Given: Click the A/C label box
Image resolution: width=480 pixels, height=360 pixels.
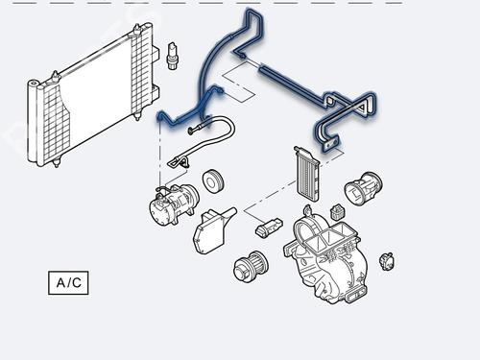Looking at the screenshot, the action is tap(68, 283).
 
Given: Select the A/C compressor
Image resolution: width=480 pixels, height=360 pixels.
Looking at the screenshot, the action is tap(174, 204).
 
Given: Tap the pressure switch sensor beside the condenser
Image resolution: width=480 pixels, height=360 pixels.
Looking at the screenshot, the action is tap(173, 56).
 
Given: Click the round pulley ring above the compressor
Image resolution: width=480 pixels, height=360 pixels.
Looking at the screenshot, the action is tap(213, 181).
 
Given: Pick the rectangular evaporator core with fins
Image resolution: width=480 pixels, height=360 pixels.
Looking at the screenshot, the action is tap(307, 174).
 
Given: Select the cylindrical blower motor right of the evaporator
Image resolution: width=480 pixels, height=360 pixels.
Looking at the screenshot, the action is tap(364, 187).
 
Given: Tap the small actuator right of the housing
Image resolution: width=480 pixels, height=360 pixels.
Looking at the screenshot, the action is tap(387, 261).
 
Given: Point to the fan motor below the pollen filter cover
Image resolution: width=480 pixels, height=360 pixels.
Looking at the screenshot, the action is tap(251, 267).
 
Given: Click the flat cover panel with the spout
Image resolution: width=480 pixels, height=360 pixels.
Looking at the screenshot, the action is tap(211, 229).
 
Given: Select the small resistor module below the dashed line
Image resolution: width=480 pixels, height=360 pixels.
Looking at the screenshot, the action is tap(269, 228).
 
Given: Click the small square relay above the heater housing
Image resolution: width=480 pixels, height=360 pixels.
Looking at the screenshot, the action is tap(337, 212).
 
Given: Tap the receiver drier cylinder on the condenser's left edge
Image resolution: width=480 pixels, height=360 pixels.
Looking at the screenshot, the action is tap(33, 122).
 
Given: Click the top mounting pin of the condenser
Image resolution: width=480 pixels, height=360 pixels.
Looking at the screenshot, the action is tap(137, 30).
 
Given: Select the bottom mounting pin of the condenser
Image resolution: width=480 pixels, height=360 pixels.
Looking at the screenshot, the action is tap(57, 163).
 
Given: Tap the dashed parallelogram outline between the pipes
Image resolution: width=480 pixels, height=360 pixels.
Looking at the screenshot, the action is tap(239, 81).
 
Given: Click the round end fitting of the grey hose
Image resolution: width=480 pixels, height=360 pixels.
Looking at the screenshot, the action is tap(191, 131).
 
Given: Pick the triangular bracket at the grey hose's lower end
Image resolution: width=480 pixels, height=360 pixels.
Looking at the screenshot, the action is tap(179, 162).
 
